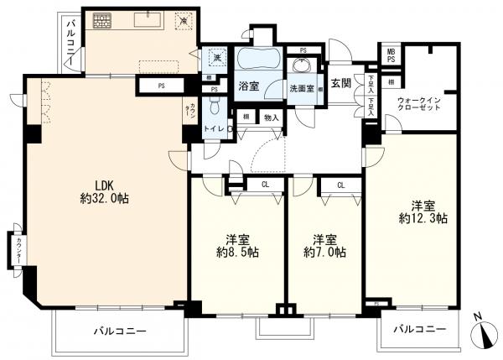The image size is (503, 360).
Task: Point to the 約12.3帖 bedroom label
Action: (423, 211)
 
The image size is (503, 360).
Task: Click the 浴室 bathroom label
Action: (248, 86)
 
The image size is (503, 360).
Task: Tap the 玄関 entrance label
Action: (340, 82)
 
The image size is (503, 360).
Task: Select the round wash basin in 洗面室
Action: (299, 66)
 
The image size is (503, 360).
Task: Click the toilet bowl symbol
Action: (215, 107)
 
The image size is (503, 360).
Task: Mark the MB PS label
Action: (391, 55)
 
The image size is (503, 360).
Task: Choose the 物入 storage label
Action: (270, 118)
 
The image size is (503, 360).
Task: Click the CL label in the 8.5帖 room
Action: (264, 185)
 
